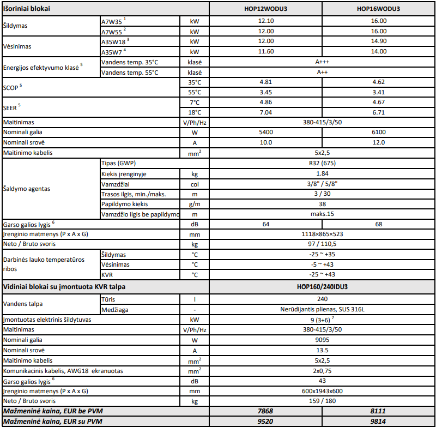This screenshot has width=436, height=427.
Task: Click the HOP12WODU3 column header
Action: [266, 9]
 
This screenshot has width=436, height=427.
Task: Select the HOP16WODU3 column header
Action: [378, 9]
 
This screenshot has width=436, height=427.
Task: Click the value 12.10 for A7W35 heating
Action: [266, 21]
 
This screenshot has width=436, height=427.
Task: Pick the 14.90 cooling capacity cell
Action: [378, 41]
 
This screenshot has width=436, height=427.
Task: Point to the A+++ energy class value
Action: [322, 62]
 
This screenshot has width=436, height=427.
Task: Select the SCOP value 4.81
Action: [266, 82]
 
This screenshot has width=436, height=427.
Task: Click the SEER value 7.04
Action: [266, 112]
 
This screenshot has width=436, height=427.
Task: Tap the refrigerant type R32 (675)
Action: [322, 163]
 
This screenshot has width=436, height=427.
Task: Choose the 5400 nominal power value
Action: [266, 133]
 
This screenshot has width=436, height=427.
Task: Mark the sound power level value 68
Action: [378, 224]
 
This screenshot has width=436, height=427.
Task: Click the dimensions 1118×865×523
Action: [322, 234]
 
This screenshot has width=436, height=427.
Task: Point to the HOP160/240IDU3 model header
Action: [322, 286]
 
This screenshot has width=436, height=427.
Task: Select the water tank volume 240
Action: [322, 299]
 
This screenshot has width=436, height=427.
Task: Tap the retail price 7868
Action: [266, 411]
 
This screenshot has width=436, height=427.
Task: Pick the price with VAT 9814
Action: [378, 422]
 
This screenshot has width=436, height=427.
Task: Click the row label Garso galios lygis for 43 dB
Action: [29, 381]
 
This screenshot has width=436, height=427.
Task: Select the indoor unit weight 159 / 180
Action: [322, 401]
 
